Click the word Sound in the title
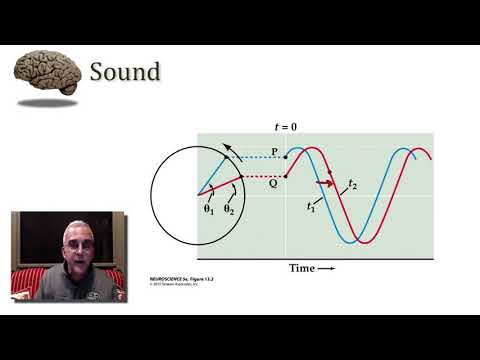coord(125,72)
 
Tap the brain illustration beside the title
coord(48,73)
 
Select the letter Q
coord(273,182)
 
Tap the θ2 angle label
coord(229,210)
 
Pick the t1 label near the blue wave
coord(311,206)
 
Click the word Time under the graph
coord(301,268)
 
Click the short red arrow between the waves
coord(325,183)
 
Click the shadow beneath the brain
coord(48,102)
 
